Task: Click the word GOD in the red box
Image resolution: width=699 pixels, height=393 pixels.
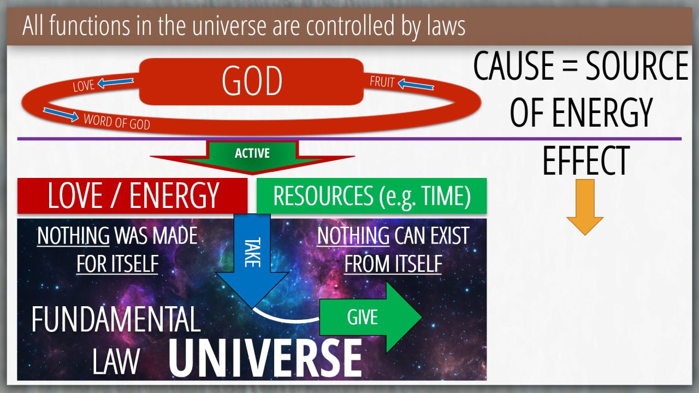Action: point(252,81)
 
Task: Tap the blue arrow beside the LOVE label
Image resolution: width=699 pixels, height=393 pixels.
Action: point(115,82)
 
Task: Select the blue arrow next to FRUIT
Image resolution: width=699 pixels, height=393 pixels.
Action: point(416,84)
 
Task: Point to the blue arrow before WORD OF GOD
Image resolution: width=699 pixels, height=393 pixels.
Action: point(61,115)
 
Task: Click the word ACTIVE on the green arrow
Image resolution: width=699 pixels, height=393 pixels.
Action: point(252,153)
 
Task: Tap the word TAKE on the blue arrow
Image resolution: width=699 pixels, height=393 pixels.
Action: point(252,252)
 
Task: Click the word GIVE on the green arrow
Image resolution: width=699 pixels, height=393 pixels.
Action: point(362,317)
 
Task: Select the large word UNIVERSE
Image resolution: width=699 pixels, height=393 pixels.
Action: point(265,358)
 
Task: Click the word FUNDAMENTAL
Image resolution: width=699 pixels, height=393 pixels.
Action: point(116,319)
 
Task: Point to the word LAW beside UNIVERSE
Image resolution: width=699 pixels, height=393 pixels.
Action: point(116,361)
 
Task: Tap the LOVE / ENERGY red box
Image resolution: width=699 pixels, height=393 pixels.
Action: point(132,196)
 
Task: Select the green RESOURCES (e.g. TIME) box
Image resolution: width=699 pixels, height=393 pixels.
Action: point(371,195)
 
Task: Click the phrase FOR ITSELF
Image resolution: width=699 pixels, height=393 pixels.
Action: point(117,264)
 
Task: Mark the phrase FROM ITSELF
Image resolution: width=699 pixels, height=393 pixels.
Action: point(393,264)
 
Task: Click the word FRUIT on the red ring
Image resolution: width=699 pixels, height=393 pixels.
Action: point(382,82)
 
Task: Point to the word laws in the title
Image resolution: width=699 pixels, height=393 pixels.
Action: point(446,26)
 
